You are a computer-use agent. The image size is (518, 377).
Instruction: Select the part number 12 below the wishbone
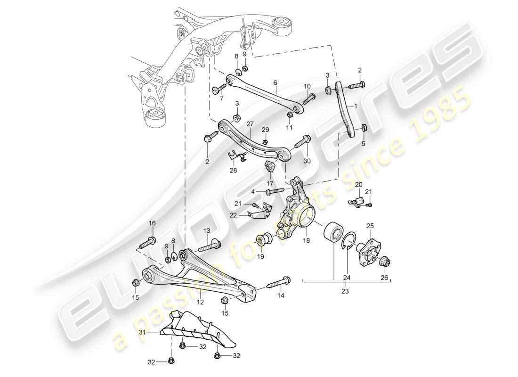(200, 302)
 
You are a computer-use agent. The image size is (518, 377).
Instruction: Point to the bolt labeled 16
(147, 243)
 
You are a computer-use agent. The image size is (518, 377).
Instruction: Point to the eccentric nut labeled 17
(270, 167)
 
